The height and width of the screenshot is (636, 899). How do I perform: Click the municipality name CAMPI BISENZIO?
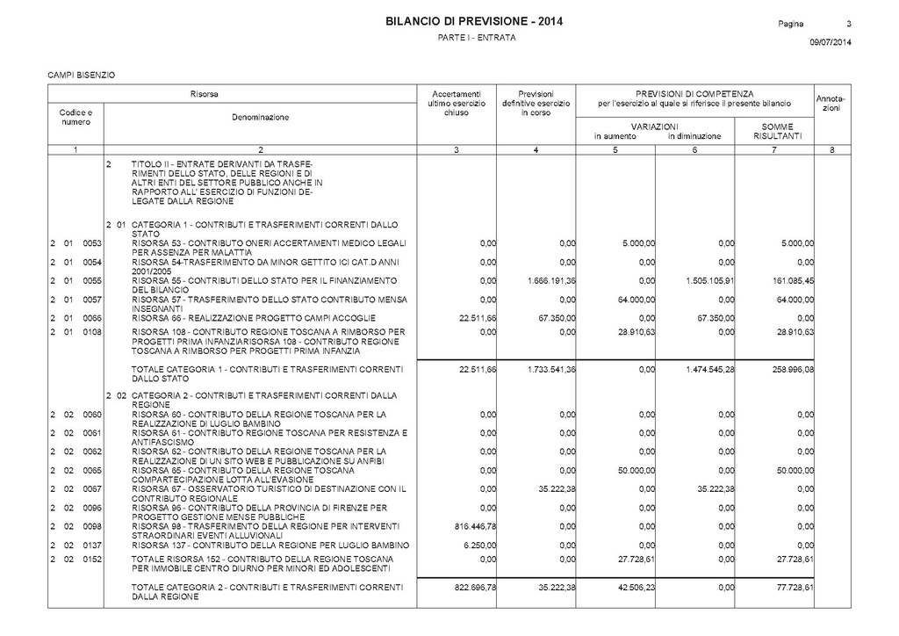(82, 74)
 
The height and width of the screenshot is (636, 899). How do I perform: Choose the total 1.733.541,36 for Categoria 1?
(550, 369)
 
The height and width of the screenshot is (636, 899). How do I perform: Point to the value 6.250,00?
(480, 546)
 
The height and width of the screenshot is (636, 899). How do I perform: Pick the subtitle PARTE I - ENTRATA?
(477, 40)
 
